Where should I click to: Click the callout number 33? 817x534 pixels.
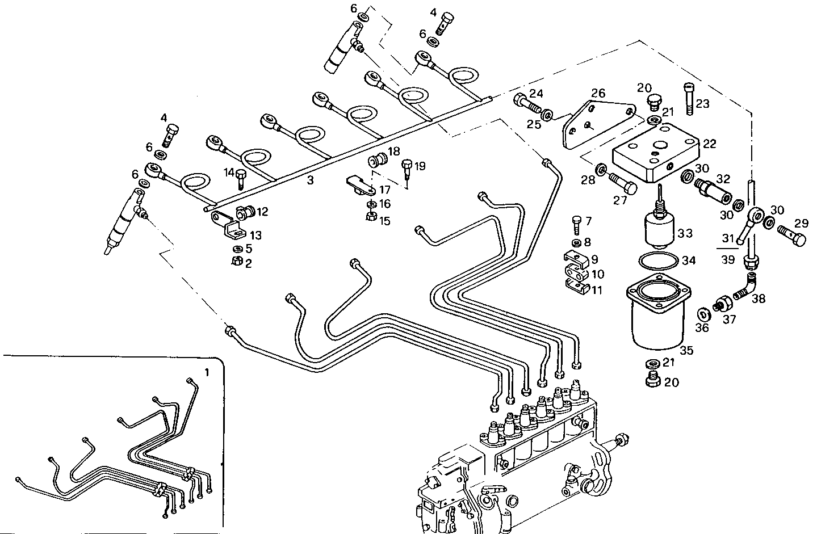tap(685, 233)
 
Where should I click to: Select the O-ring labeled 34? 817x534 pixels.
tap(658, 262)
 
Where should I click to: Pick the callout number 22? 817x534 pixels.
tap(709, 144)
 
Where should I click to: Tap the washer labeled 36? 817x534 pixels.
tap(702, 313)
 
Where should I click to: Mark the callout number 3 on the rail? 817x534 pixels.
tap(310, 180)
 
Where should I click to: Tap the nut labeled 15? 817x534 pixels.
tap(370, 216)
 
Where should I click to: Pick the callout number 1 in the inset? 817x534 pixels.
tap(207, 373)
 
